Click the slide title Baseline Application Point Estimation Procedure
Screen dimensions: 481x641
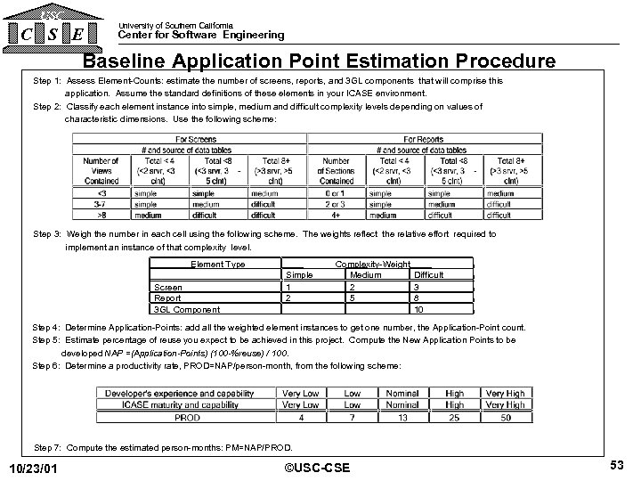(320, 61)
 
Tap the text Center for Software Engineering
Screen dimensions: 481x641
(202, 36)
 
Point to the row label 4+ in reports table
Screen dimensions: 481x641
(337, 214)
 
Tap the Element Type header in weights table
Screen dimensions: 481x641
(217, 265)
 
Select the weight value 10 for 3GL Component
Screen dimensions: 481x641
(418, 309)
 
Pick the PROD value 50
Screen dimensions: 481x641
(506, 417)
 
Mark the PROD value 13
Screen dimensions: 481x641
(402, 417)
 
